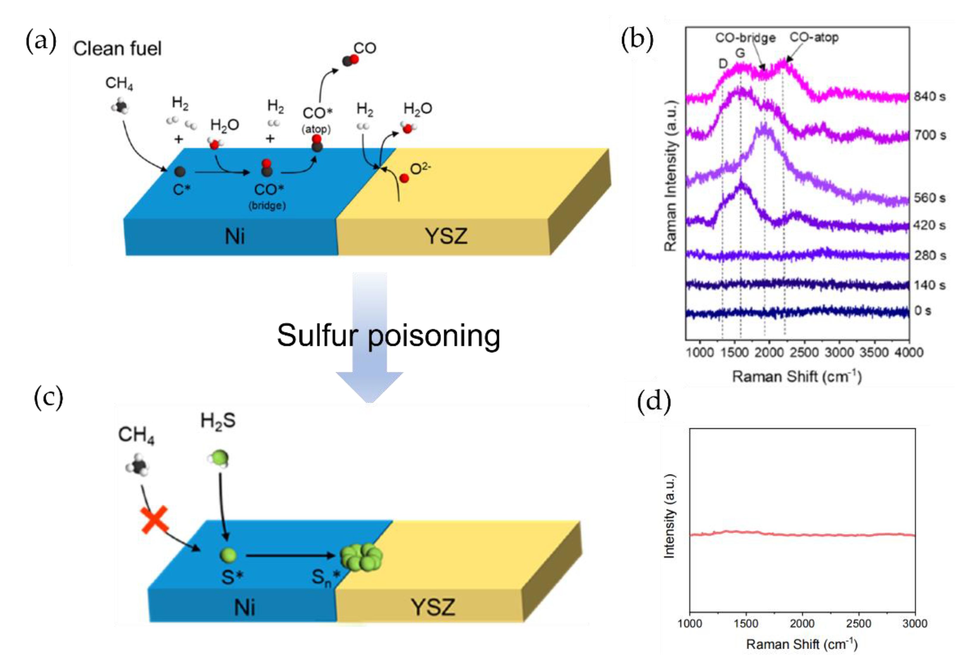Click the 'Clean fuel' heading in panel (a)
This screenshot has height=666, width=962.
[117, 49]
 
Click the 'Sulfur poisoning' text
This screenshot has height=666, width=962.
[388, 336]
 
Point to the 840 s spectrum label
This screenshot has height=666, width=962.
[929, 96]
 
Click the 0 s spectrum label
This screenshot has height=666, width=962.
[922, 311]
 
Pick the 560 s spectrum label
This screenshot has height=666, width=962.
[929, 198]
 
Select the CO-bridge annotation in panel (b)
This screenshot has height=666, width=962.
[745, 38]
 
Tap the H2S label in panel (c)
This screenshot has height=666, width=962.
[218, 421]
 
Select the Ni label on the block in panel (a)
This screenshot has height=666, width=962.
[235, 237]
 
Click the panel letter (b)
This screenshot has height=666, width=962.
[637, 40]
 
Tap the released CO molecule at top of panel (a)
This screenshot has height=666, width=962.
[350, 60]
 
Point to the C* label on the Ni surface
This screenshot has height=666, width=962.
[182, 190]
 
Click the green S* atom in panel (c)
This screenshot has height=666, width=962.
[228, 555]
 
